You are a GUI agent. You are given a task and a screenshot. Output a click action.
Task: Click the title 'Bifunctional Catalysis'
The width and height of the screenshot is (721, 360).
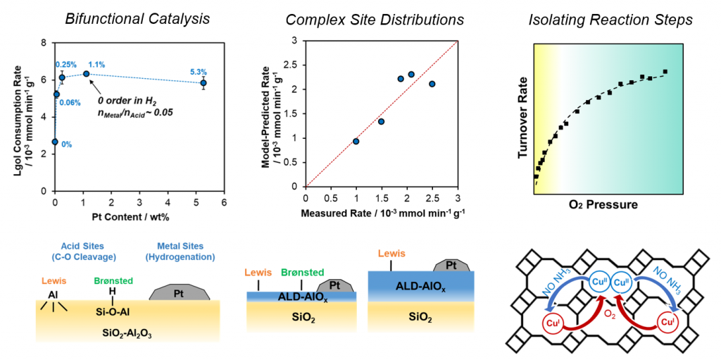coord(137,19)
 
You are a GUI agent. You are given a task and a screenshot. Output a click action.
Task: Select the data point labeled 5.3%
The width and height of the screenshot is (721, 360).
coord(203,83)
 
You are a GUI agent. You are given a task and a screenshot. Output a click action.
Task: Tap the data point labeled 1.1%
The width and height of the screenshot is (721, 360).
coord(86,74)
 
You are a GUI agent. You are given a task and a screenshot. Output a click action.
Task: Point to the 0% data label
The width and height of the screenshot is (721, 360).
coord(67,144)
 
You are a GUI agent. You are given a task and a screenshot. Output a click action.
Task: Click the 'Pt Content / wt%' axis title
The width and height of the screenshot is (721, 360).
coord(139,216)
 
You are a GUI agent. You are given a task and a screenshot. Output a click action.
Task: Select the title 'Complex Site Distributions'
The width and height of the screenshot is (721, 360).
coord(375,19)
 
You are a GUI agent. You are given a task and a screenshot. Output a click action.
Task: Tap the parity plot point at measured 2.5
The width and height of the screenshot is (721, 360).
coord(432,84)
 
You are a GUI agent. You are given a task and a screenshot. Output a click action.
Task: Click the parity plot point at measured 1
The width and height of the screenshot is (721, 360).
coord(356,142)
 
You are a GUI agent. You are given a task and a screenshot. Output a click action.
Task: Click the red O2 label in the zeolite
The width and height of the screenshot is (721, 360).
coord(609,314)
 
